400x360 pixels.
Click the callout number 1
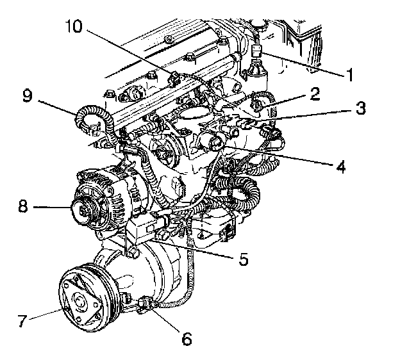point(351,75)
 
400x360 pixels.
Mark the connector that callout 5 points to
point(165,236)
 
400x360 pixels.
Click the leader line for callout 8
point(51,207)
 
